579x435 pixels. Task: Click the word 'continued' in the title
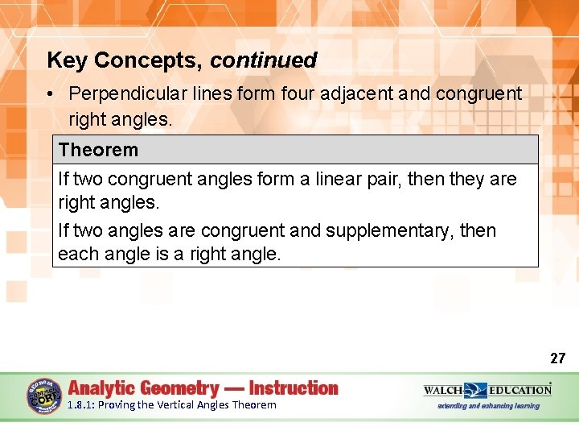click(264, 60)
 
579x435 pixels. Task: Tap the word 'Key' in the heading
click(66, 60)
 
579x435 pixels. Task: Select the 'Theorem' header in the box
click(98, 150)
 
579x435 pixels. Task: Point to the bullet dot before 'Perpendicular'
click(50, 94)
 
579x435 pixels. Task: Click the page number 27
click(557, 358)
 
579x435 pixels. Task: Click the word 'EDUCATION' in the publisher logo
click(519, 390)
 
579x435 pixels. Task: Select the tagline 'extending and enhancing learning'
click(488, 406)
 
